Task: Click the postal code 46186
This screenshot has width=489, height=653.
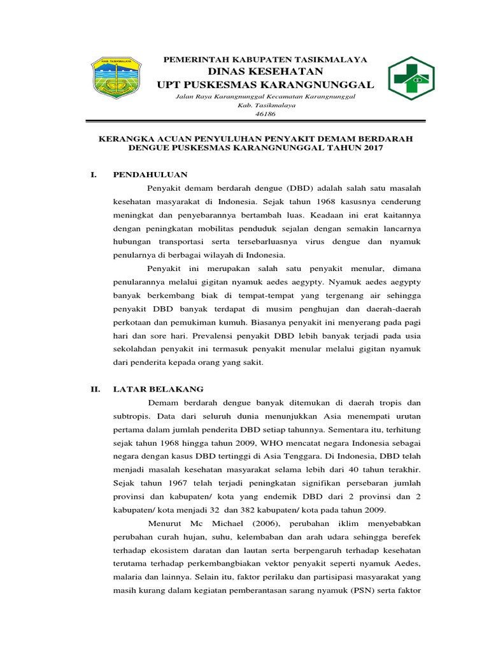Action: tap(265, 114)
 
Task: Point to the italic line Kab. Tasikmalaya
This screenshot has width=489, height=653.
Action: tap(266, 105)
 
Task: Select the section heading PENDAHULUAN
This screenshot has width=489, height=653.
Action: tap(150, 174)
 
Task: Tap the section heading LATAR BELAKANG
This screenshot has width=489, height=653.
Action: tap(158, 388)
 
